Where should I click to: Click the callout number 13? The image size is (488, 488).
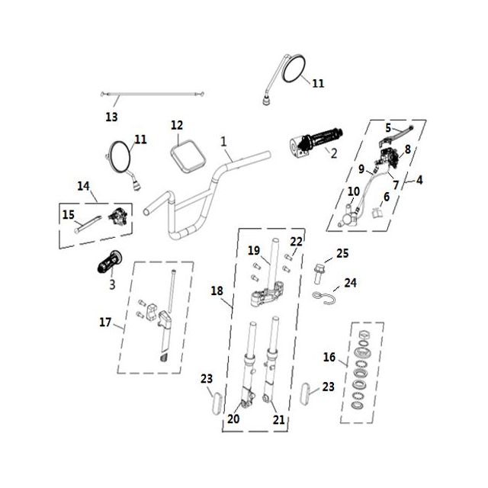(x=112, y=117)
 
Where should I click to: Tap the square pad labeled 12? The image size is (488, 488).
(x=188, y=156)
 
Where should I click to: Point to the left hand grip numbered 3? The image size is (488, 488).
(x=109, y=262)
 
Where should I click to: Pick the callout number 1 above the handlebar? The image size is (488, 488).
(x=223, y=142)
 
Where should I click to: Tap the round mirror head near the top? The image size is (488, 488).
(x=293, y=69)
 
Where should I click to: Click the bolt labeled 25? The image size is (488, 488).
(x=319, y=274)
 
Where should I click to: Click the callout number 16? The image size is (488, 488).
(x=329, y=357)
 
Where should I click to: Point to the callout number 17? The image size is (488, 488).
(x=105, y=322)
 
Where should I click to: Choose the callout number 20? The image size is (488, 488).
(x=233, y=419)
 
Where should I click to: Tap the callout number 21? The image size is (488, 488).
(x=279, y=420)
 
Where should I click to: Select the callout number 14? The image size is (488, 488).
(x=83, y=186)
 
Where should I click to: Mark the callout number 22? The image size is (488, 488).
(x=296, y=242)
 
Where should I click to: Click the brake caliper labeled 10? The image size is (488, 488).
(x=349, y=215)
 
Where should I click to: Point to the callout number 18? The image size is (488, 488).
(x=217, y=291)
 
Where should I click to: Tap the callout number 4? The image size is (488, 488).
(x=419, y=180)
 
